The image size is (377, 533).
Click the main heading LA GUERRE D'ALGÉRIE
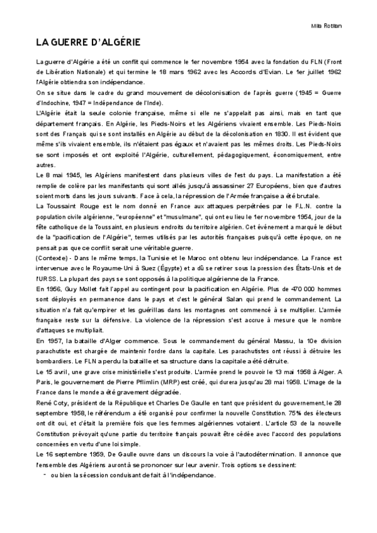[87, 42]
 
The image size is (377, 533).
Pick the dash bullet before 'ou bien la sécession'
[45, 475]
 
